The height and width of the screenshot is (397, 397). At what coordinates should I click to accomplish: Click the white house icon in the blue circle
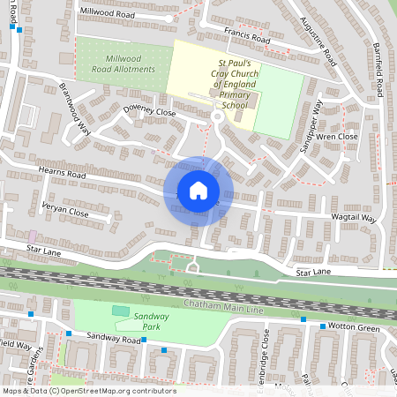(198, 191)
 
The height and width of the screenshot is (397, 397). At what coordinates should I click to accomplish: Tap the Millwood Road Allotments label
(124, 64)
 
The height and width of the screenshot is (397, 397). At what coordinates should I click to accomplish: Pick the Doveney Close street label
(149, 114)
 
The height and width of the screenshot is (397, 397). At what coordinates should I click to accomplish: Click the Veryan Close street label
(66, 213)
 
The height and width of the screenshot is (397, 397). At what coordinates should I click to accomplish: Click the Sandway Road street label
(108, 338)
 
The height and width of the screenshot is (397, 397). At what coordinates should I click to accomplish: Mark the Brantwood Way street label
(75, 109)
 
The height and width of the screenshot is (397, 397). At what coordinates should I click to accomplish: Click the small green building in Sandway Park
(120, 311)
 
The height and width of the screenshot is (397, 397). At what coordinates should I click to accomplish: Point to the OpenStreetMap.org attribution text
(114, 391)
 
